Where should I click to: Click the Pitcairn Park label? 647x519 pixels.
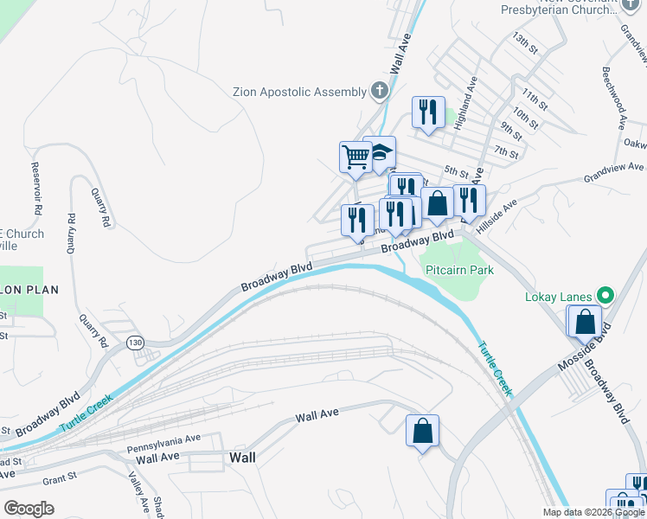coord(459,270)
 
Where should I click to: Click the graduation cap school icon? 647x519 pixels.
coord(379,153)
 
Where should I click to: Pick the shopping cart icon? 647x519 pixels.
coord(355,157)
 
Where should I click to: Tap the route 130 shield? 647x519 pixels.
coord(134,343)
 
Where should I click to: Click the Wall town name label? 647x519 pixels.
coord(242,458)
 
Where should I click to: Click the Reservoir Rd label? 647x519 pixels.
coord(36,189)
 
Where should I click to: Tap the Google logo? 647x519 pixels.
coord(29,508)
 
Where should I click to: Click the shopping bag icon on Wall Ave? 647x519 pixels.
coord(422,431)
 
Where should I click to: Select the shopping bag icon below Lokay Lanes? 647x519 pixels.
coord(585,321)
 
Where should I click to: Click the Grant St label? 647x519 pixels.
coord(60,476)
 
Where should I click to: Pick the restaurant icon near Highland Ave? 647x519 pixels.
coord(428,112)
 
